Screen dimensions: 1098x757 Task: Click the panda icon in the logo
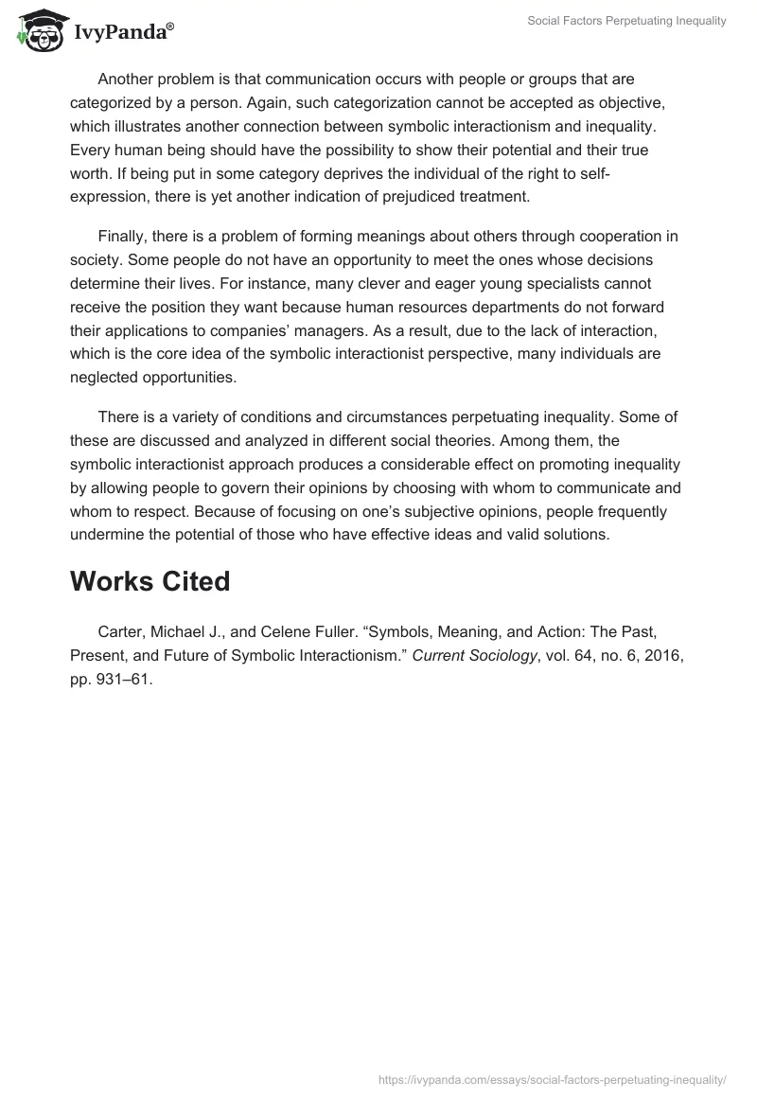point(38,31)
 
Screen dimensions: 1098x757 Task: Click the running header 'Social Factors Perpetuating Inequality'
point(627,21)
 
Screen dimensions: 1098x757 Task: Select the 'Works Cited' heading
point(150,581)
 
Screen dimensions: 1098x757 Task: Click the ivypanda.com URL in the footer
point(552,1077)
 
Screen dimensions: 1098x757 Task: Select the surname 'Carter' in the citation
point(120,629)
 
